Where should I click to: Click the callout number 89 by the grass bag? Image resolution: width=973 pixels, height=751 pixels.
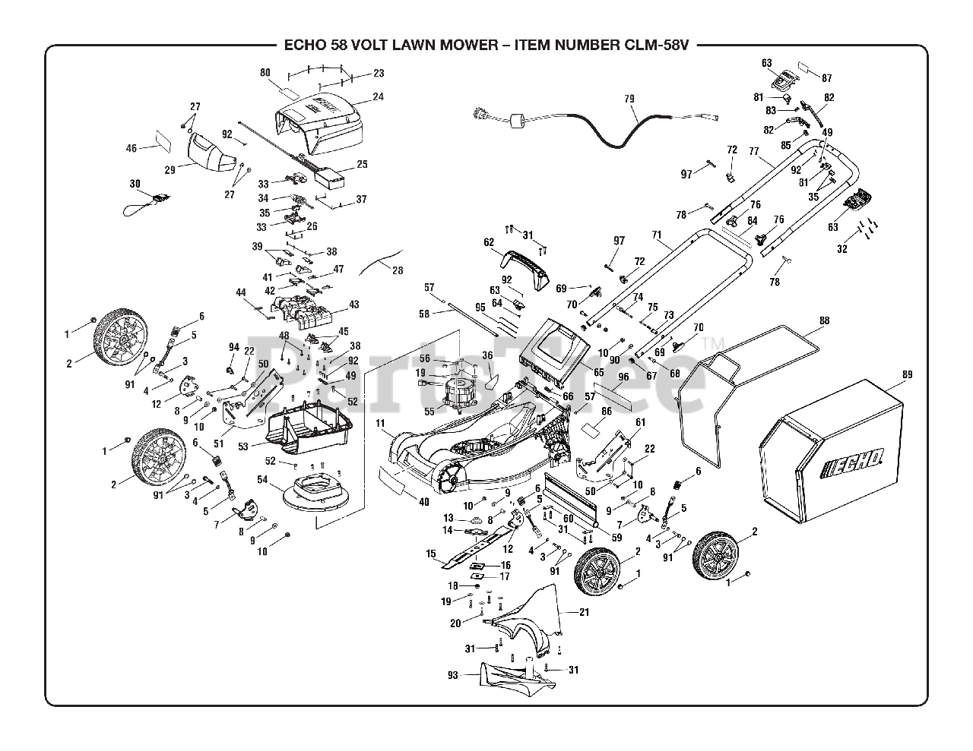point(906,374)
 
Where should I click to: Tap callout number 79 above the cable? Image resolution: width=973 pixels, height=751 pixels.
point(629,99)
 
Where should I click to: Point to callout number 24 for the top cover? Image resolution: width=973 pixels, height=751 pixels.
point(378,97)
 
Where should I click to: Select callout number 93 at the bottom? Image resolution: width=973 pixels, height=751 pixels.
point(452,674)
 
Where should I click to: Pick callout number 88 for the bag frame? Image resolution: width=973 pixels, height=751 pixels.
point(824,321)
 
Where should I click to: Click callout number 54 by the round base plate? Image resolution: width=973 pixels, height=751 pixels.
point(262,479)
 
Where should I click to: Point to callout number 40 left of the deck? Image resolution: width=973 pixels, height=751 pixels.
point(423,501)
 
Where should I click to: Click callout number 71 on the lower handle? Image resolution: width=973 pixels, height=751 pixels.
point(656,235)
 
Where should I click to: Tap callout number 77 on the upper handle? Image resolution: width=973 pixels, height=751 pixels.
point(754,152)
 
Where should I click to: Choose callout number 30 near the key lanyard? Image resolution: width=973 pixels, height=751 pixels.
point(135,184)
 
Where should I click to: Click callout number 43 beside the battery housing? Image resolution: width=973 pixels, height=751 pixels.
point(353,305)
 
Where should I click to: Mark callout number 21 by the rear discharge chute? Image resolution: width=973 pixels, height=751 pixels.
point(584,611)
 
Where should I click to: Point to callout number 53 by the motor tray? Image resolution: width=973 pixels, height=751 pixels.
point(242,446)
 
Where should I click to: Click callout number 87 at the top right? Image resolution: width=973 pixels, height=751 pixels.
point(827,78)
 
